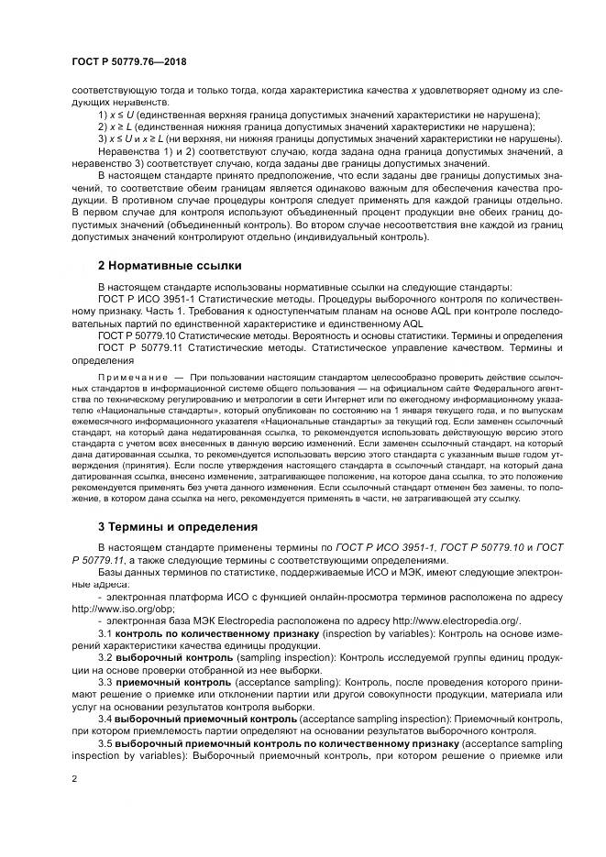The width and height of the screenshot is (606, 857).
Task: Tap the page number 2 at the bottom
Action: [x=73, y=778]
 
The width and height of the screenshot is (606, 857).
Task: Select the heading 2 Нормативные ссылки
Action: [x=170, y=266]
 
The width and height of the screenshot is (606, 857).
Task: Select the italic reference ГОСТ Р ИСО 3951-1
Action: [x=397, y=547]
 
